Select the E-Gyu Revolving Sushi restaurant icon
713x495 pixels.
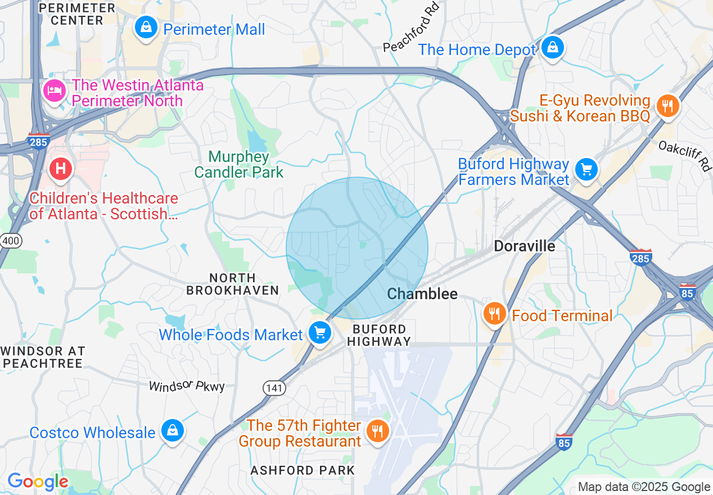(667, 105)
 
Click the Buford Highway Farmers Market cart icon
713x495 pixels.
(586, 169)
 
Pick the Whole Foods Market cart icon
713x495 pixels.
(320, 333)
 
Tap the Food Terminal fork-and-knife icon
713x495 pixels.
(494, 314)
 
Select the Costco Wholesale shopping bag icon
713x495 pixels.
(172, 431)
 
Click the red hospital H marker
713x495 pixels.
(60, 169)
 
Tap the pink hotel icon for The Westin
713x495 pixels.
(54, 91)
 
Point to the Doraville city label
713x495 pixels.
(524, 246)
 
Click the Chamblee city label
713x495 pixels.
(422, 294)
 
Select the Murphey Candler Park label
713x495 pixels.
(239, 164)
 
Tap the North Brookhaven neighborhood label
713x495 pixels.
(232, 284)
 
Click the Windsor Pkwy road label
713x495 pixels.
(187, 386)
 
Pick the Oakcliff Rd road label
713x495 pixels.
(684, 155)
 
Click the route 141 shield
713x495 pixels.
(274, 388)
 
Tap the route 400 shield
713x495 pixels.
(11, 241)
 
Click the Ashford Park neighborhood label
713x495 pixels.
(303, 470)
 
